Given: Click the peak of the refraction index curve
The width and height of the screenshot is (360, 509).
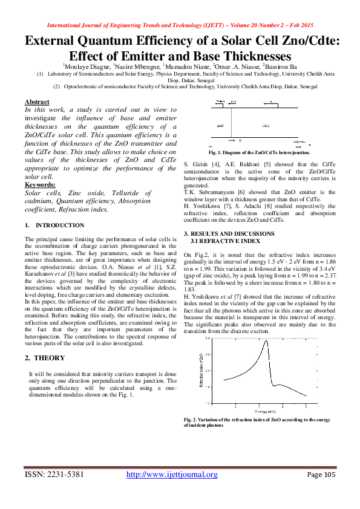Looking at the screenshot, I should click(x=266, y=342).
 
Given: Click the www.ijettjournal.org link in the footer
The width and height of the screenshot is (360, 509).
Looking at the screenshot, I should click(x=171, y=475).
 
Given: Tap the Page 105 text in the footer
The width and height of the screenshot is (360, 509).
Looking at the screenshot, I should click(x=321, y=475).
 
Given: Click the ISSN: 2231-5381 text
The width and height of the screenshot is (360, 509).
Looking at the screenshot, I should click(x=54, y=475).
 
